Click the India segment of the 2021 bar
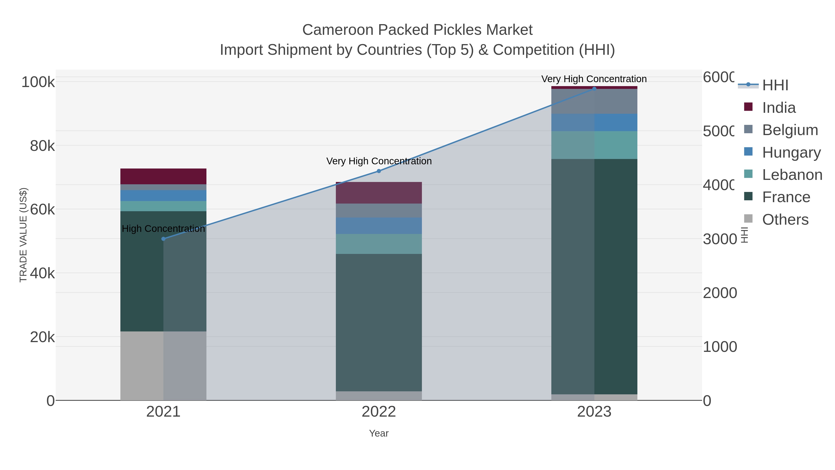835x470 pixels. coord(163,176)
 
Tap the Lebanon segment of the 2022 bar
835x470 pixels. coord(379,244)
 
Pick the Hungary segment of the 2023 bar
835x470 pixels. coord(594,122)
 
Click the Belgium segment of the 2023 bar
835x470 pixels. coord(594,101)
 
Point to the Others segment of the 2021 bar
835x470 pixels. coord(163,366)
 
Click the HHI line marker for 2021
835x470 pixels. coord(163,239)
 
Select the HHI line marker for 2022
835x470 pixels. coord(379,171)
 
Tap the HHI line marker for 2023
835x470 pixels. coord(594,89)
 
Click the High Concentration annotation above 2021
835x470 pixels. coord(163,229)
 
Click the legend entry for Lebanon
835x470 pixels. coord(792,175)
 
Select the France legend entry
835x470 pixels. coord(786,197)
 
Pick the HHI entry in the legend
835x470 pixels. coord(775,85)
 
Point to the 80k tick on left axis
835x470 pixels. coord(42,146)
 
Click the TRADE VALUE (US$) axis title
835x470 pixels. coord(23,235)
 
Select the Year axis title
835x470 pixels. coord(379,433)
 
